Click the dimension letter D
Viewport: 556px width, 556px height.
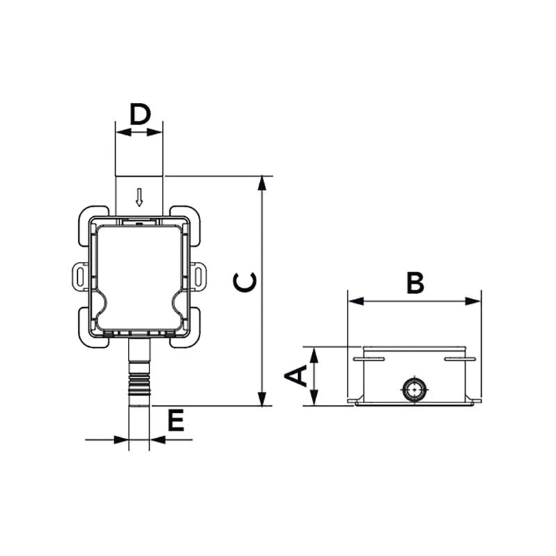(140, 114)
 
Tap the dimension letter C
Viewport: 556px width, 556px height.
(245, 282)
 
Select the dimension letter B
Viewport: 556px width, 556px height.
(415, 283)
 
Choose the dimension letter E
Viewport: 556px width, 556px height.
(176, 420)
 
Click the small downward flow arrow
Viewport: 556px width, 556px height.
(140, 197)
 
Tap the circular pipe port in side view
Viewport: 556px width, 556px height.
(414, 389)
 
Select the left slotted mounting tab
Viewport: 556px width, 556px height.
(80, 276)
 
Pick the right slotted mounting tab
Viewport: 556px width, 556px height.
(199, 276)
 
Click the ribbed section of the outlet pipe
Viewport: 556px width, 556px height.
(140, 384)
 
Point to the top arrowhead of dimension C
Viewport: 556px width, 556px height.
(262, 183)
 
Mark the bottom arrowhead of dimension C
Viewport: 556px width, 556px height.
(262, 399)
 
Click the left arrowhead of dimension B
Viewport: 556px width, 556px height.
(356, 302)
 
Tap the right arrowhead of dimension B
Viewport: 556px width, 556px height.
(473, 302)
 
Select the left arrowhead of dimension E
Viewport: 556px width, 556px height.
(121, 440)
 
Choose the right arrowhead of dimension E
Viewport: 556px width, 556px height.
(158, 440)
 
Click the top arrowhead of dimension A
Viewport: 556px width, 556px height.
(314, 355)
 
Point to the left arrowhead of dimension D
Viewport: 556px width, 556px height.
(124, 133)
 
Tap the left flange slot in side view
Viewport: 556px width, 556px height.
(369, 359)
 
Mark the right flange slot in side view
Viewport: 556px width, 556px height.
(460, 359)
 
